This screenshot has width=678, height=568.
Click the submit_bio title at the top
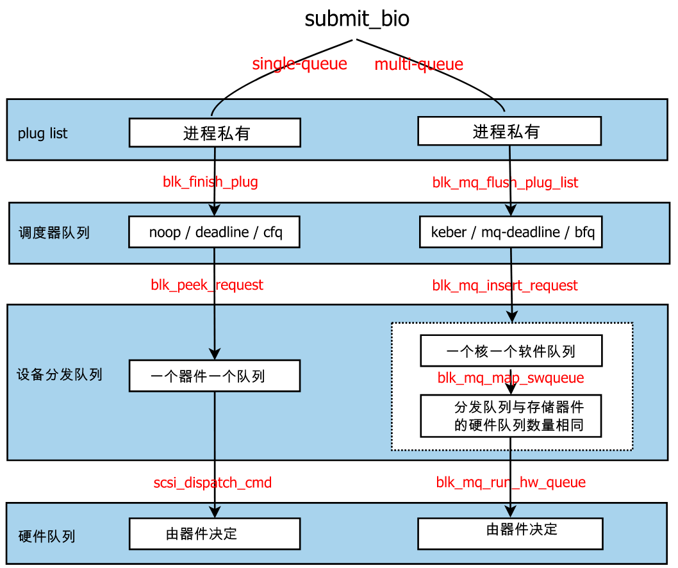tap(357, 19)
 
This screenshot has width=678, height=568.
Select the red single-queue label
tap(299, 64)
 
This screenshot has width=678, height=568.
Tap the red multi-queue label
tap(418, 65)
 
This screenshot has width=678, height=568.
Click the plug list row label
tap(42, 134)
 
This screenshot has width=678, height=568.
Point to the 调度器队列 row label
tap(54, 233)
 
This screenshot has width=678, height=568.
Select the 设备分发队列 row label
tap(59, 374)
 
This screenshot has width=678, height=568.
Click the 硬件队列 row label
tap(47, 536)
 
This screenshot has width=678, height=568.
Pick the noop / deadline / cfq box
tap(215, 232)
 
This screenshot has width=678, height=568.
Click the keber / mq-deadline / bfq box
tap(511, 232)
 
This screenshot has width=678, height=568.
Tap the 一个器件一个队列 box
tap(215, 376)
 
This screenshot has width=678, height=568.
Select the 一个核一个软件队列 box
tap(511, 351)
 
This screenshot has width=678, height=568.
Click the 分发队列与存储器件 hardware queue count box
tap(511, 416)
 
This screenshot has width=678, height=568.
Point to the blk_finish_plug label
tap(210, 182)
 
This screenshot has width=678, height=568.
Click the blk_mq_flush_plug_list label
tap(505, 183)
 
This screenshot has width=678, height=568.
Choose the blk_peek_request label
tap(207, 285)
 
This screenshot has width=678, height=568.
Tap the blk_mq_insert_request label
tap(505, 286)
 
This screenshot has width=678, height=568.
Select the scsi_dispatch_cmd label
tap(212, 483)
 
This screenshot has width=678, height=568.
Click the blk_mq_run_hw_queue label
tap(511, 482)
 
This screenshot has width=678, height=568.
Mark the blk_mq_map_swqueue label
tap(511, 378)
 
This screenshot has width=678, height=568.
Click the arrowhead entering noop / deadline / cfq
tap(215, 210)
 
